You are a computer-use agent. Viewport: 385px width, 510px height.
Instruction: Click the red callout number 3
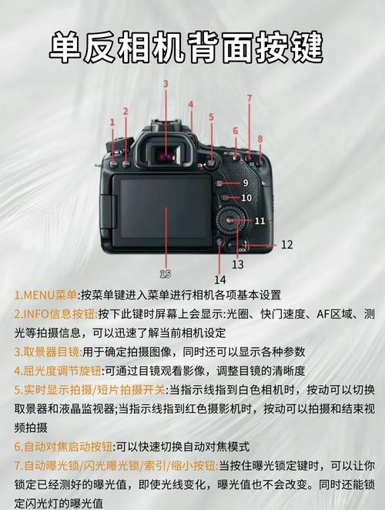click(165, 83)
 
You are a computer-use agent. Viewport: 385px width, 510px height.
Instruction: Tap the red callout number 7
click(249, 98)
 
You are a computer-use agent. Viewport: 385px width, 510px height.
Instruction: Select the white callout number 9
click(245, 183)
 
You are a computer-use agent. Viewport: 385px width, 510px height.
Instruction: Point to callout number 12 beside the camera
click(286, 245)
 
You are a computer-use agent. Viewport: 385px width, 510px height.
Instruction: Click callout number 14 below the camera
click(220, 279)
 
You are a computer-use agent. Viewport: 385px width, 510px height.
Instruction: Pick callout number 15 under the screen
click(165, 273)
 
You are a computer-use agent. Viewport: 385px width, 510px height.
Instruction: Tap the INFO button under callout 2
click(126, 165)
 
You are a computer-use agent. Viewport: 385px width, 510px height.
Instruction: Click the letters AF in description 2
click(318, 314)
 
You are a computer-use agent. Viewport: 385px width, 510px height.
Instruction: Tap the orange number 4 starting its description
click(18, 370)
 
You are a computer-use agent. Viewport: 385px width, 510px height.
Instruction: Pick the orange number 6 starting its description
click(18, 447)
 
